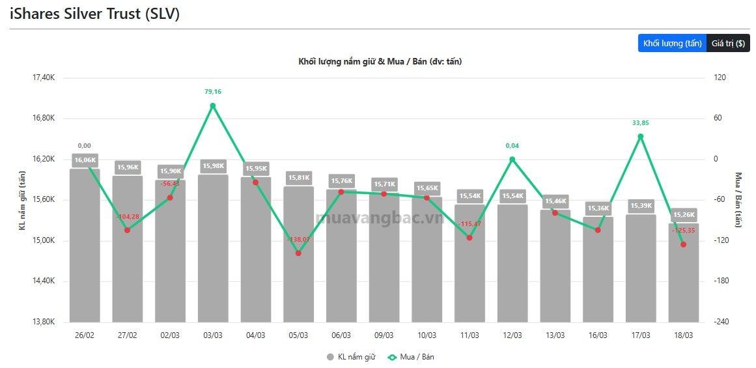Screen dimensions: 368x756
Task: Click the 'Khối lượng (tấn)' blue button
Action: pos(672,44)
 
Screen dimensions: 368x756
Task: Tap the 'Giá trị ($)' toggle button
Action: pos(728,44)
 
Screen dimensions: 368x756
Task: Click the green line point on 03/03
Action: pos(213,106)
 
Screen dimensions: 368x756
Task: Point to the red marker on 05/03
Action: pos(298,253)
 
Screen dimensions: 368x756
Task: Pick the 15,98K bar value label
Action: pos(213,166)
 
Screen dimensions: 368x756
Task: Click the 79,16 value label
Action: pos(213,92)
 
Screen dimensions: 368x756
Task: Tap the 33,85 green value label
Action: pos(640,122)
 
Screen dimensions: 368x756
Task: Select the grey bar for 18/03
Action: pos(683,274)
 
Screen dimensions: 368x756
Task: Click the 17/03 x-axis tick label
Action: pos(640,335)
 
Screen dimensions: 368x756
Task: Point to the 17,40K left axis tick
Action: pos(44,78)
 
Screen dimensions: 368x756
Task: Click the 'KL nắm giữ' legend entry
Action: pos(351,357)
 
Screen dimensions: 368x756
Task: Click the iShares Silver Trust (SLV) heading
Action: pos(94,14)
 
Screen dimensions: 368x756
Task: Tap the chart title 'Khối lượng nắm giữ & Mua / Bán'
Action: pos(380,61)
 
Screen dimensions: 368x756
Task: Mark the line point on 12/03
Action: pos(512,159)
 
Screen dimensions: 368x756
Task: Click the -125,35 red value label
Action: pos(683,231)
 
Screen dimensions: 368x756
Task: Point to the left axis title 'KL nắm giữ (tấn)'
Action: pos(21,200)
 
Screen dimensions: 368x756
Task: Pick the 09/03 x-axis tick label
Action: pos(384,335)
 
